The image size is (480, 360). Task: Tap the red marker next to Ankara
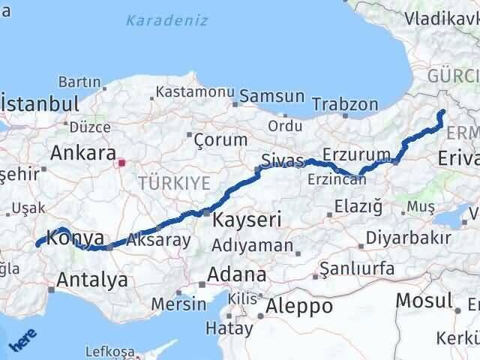click(x=121, y=160)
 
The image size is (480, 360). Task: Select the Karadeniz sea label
click(x=166, y=20)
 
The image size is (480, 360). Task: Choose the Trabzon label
click(x=344, y=104)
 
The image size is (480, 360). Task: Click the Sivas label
click(x=283, y=160)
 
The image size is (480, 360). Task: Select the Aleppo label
click(x=300, y=306)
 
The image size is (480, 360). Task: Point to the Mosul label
click(x=424, y=300)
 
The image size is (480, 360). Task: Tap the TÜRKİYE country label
click(x=167, y=181)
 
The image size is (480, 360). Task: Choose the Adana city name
click(x=237, y=274)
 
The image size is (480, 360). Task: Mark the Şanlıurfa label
click(x=357, y=268)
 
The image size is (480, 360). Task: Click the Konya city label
click(x=74, y=239)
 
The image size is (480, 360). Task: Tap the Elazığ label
click(x=360, y=205)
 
